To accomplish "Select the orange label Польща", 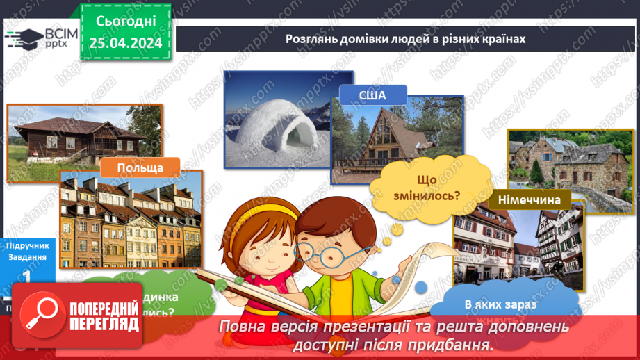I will point(140,168).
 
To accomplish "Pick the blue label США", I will point(372,95).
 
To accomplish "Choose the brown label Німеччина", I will point(530,201).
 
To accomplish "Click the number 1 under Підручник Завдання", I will point(26,276).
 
